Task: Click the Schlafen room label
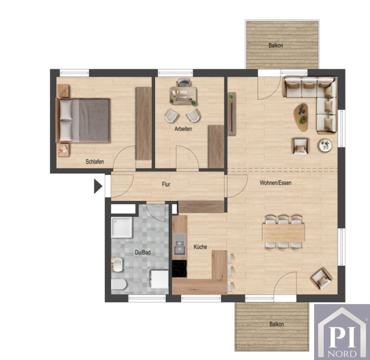(x=95, y=162)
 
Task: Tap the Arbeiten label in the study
(x=183, y=129)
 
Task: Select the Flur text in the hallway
(x=166, y=184)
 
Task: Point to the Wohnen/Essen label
(x=275, y=183)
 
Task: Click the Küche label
(x=200, y=247)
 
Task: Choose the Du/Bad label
(x=143, y=253)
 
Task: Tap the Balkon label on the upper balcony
(x=275, y=45)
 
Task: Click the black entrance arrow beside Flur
(x=98, y=186)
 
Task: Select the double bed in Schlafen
(x=83, y=121)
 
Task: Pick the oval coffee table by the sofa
(x=301, y=117)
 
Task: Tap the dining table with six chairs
(x=283, y=232)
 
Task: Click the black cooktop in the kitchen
(x=179, y=269)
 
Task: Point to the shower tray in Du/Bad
(x=122, y=228)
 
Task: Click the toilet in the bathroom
(x=119, y=284)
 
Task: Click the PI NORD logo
(x=342, y=332)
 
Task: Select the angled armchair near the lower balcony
(x=321, y=279)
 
